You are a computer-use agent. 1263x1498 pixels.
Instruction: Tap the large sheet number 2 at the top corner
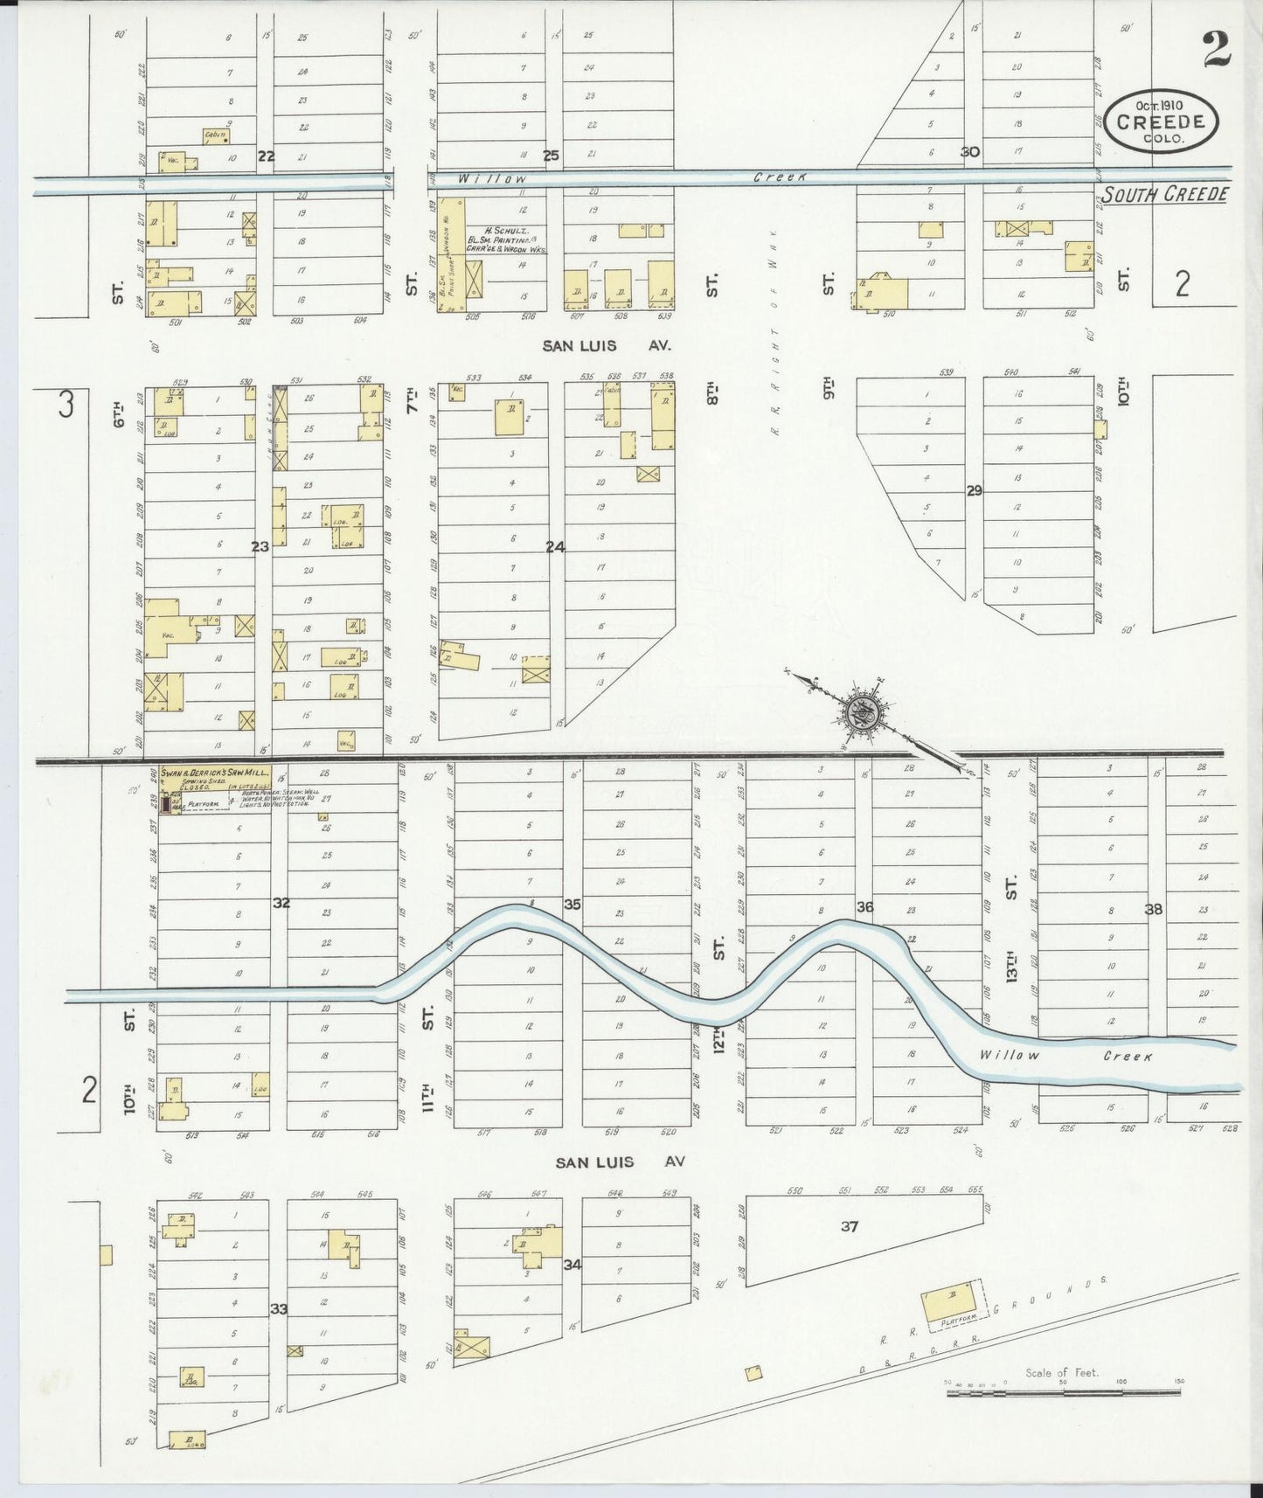click(1216, 49)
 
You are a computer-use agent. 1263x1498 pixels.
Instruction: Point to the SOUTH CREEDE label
click(1162, 194)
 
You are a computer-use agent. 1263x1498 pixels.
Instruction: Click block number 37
click(849, 1226)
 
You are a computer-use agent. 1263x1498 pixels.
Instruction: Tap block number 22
click(266, 156)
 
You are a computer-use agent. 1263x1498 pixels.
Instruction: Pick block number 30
click(969, 151)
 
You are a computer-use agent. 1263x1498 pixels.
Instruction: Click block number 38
click(1153, 909)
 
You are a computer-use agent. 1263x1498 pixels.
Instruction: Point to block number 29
click(974, 490)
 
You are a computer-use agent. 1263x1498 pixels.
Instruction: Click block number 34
click(573, 1264)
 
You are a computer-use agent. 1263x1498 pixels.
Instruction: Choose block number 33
click(279, 1308)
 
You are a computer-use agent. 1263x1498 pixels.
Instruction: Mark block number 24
click(555, 547)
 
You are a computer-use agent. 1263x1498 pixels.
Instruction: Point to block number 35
click(572, 904)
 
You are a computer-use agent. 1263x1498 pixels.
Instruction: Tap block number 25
click(551, 156)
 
